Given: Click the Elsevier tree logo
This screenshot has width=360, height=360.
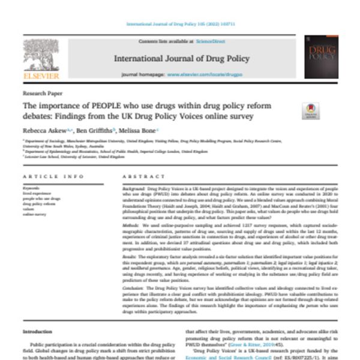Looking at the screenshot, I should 41,56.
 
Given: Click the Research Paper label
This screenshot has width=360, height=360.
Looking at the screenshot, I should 39,94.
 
